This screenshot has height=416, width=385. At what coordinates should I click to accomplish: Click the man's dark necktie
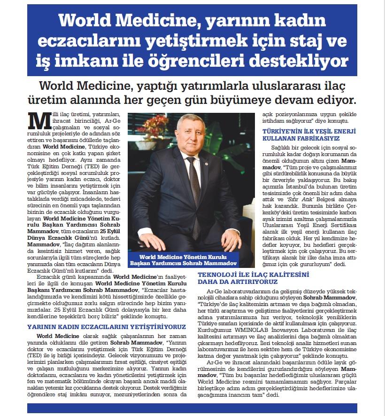(194, 188)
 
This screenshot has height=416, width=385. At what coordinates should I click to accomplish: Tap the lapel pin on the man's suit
(206, 165)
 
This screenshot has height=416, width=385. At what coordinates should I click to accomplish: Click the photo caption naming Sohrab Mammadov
(184, 260)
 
